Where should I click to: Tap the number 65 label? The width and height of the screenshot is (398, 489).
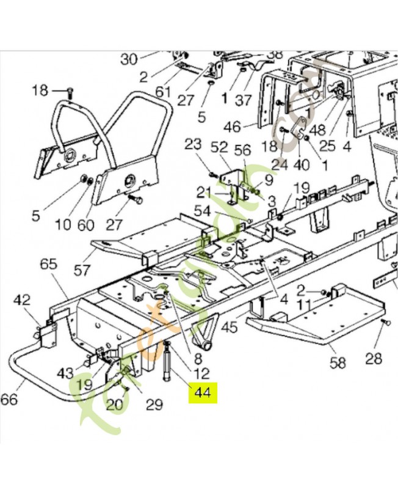point(48,264)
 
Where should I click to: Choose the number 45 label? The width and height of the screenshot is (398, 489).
point(228,328)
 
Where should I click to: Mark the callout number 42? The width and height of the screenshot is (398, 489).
point(22,300)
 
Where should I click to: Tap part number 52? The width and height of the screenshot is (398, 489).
point(219,147)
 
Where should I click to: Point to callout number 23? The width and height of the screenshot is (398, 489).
point(192,145)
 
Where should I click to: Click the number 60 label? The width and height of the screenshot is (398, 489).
point(86,225)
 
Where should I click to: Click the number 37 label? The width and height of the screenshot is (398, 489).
point(244,100)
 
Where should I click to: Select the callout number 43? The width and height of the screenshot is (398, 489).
point(65,372)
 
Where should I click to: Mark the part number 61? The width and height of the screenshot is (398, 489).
point(163,92)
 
